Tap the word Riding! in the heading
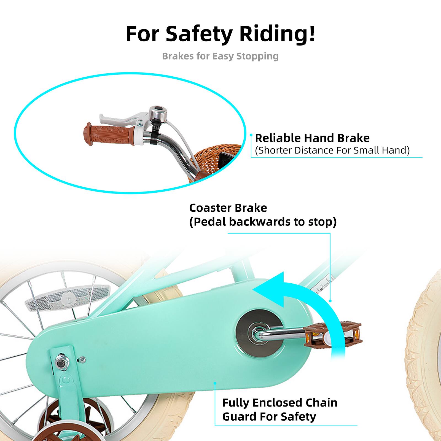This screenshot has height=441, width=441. pos(277,34)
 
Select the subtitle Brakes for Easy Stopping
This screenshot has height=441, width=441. pos(220,56)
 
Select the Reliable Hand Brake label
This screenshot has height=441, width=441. pos(312,138)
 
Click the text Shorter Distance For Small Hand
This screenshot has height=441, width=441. pos(332,150)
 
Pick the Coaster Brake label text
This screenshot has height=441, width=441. pos(228,208)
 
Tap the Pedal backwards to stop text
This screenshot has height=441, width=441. pos(263,222)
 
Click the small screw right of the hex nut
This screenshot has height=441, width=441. pos(82,359)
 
